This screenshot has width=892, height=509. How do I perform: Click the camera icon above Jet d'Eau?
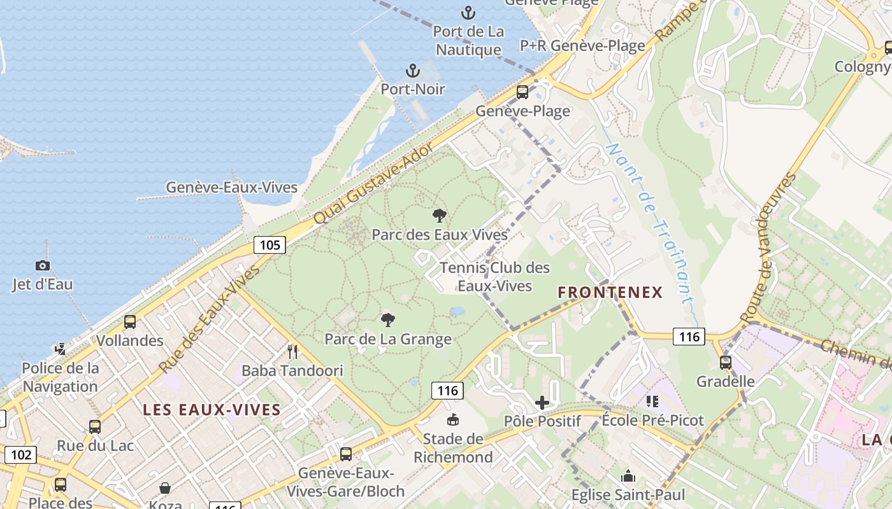(x=43, y=265)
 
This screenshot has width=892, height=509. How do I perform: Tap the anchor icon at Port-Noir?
(x=413, y=71)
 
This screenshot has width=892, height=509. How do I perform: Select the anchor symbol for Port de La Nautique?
(x=468, y=13)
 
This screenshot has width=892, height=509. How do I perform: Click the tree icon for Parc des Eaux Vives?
(x=439, y=216)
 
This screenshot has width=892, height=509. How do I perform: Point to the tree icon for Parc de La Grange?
(x=387, y=320)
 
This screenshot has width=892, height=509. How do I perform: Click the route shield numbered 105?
(x=270, y=245)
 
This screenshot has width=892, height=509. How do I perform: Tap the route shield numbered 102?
(x=21, y=455)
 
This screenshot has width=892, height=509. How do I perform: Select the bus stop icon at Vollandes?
(x=130, y=322)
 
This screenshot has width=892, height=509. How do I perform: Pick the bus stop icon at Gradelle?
(x=725, y=363)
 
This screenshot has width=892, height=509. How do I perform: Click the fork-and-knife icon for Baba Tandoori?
(x=292, y=352)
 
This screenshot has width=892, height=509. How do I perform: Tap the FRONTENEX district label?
(x=610, y=293)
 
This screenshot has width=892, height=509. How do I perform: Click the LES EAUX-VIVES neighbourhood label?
(x=212, y=410)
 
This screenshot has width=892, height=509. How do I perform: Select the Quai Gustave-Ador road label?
(x=373, y=183)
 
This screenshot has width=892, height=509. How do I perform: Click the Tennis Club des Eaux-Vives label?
(x=494, y=277)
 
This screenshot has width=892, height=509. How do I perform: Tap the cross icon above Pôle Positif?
(x=542, y=402)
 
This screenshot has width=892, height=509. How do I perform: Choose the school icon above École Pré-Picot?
(x=652, y=401)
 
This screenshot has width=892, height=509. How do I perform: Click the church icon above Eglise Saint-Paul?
(x=628, y=476)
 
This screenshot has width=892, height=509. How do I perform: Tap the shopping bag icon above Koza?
(x=165, y=488)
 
